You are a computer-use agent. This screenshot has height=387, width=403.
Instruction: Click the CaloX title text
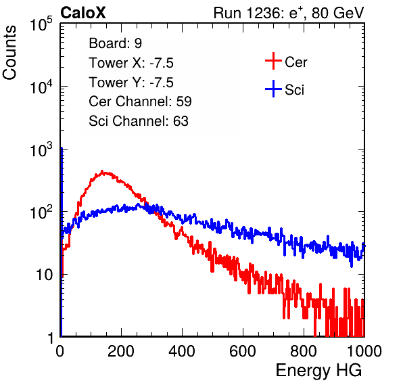pos(83,13)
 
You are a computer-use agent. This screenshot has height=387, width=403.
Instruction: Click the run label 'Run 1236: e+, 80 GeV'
pos(289,13)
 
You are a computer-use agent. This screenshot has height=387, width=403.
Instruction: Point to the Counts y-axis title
pos(9,53)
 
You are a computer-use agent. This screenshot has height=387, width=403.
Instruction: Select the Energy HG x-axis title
pos(318,371)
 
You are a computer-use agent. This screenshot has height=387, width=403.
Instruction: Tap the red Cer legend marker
pos(273,61)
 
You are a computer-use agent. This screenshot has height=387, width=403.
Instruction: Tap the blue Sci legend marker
pos(273,89)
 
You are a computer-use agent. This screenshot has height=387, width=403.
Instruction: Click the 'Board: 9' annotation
pos(115,43)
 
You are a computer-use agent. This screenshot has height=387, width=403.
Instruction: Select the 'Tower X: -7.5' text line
pos(131,63)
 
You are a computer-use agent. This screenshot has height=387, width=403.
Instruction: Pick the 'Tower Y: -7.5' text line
pos(131,83)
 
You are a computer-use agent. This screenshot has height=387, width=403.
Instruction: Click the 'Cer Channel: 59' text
pos(140,101)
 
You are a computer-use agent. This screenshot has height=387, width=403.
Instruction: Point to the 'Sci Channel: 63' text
pos(139,121)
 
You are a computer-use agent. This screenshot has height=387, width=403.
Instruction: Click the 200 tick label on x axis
pos(121,351)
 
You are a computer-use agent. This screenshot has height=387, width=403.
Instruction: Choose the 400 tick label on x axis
pos(182,351)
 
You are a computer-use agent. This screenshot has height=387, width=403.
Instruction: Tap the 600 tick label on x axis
pos(243,351)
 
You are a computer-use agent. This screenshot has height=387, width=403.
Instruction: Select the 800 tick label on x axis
pos(304,351)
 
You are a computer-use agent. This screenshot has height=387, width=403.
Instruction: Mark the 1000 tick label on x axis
pos(364,351)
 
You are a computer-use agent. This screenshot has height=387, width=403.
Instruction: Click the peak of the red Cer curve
pos(102,171)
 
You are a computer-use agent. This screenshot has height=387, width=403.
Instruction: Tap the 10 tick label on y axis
pos(44,275)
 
